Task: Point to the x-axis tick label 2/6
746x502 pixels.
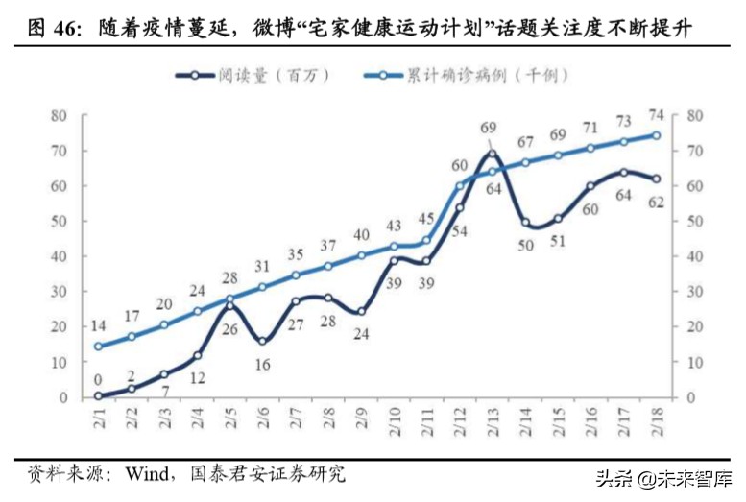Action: (261, 422)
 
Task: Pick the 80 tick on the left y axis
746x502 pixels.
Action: (60, 116)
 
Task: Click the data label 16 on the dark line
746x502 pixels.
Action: (262, 364)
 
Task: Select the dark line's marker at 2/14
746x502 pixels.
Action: (525, 223)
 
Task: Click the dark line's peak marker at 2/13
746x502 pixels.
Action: (492, 155)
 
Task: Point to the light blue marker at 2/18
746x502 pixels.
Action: (657, 135)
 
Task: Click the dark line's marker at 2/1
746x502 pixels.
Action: (98, 395)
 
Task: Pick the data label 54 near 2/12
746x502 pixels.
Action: (460, 230)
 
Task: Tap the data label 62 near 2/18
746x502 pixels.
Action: (657, 203)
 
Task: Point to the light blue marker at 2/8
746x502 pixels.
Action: (327, 267)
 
